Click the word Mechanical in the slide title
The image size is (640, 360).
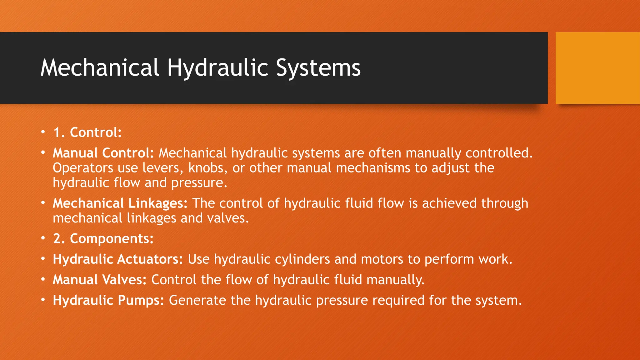pos(100,67)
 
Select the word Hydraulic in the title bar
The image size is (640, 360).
pos(217,68)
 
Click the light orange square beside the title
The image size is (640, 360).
pos(597,68)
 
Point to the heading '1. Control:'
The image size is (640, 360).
pos(87,132)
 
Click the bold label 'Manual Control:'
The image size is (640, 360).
pos(103,153)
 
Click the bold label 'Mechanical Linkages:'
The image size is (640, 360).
pos(120,203)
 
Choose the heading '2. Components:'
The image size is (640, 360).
pos(103,239)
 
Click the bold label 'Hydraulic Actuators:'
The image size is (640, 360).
pos(118,259)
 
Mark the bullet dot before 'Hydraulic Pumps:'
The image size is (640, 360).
pos(43,300)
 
